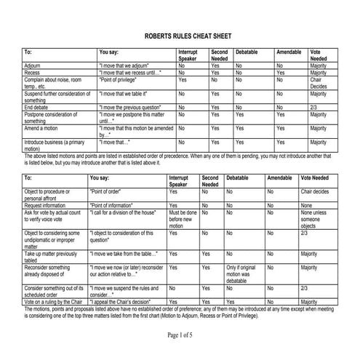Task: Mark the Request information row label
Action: click(x=48, y=205)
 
